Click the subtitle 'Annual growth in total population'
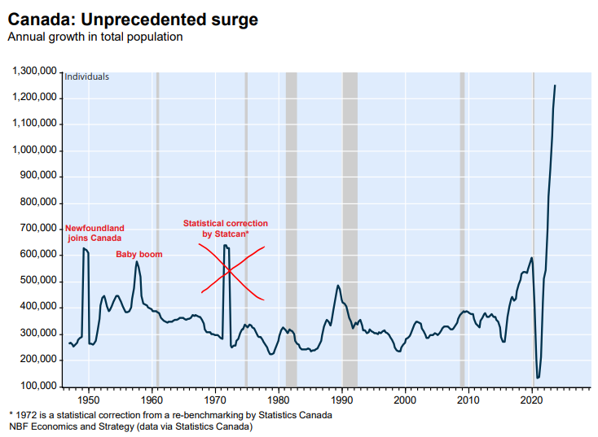point(95,37)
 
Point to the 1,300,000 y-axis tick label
point(34,72)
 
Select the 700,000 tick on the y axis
point(37,229)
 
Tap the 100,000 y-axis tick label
point(37,386)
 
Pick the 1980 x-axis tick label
point(279,400)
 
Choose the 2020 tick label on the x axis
point(532,400)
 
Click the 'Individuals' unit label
point(86,77)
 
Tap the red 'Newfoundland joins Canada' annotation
point(95,233)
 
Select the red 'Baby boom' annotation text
point(139,255)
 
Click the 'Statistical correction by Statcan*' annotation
point(225,229)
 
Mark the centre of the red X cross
point(232,269)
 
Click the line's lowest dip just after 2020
point(538,378)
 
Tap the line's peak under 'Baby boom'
point(137,262)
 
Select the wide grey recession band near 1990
point(350,228)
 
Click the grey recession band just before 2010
point(462,228)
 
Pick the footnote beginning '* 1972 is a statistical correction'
point(169,415)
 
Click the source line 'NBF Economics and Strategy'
point(130,426)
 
